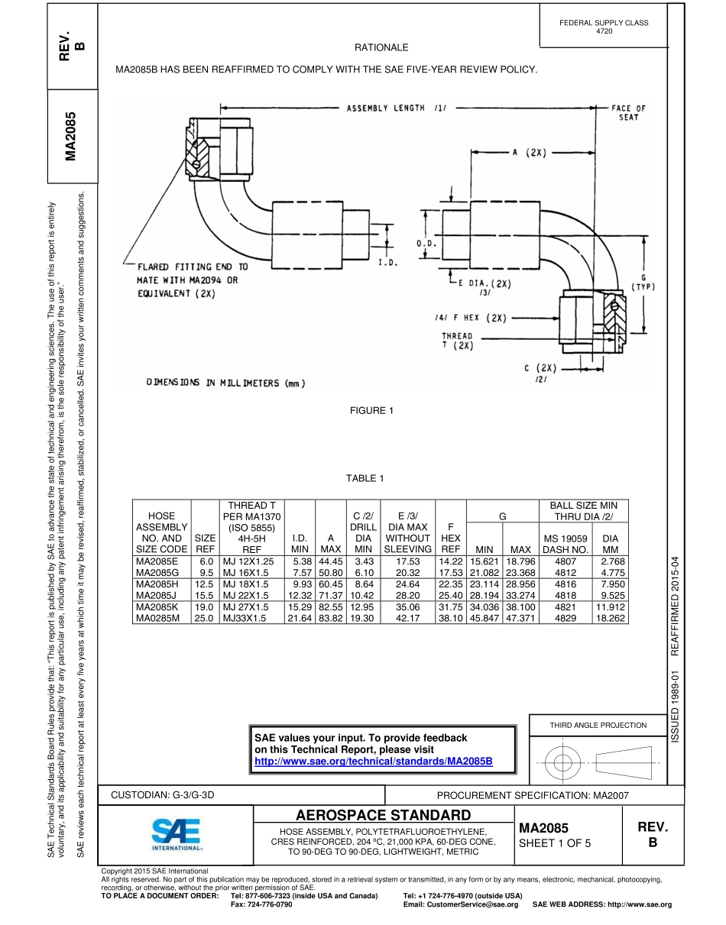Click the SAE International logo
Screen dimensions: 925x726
[176, 835]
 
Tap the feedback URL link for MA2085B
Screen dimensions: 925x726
[373, 762]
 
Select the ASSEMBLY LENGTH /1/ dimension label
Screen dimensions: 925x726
[397, 108]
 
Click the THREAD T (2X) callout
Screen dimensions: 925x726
[457, 341]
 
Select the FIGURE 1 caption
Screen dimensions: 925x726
[371, 411]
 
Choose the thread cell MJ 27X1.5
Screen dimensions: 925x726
[244, 607]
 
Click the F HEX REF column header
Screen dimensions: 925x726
[451, 538]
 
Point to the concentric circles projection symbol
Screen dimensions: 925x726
[562, 762]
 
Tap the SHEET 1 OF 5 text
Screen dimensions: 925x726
[554, 844]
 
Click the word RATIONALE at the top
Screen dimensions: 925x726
[387, 48]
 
